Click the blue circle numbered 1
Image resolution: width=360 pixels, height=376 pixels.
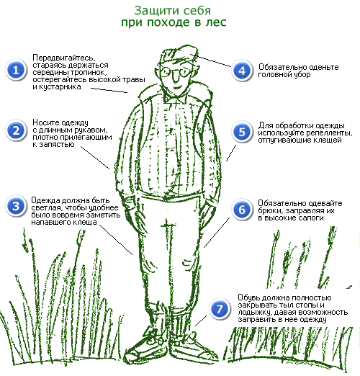pyautogui.click(x=16, y=70)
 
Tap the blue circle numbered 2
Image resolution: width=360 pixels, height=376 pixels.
pyautogui.click(x=16, y=130)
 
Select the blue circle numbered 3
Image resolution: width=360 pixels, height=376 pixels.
pyautogui.click(x=16, y=206)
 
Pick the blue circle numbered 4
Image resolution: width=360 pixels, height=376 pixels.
pyautogui.click(x=242, y=71)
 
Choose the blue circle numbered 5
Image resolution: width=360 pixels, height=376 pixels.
pyautogui.click(x=242, y=132)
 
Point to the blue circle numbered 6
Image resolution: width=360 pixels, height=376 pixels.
pyautogui.click(x=242, y=210)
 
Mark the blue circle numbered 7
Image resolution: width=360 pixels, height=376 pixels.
pyautogui.click(x=220, y=309)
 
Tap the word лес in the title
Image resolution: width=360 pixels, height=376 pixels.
pyautogui.click(x=216, y=22)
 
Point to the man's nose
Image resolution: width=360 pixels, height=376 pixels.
pyautogui.click(x=176, y=77)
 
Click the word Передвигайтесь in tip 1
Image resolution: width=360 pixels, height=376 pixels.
pyautogui.click(x=64, y=58)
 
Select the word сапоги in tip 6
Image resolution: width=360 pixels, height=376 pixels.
pyautogui.click(x=311, y=218)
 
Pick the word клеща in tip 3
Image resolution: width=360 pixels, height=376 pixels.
pyautogui.click(x=85, y=223)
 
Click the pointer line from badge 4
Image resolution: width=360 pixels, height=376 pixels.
pyautogui.click(x=210, y=61)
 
